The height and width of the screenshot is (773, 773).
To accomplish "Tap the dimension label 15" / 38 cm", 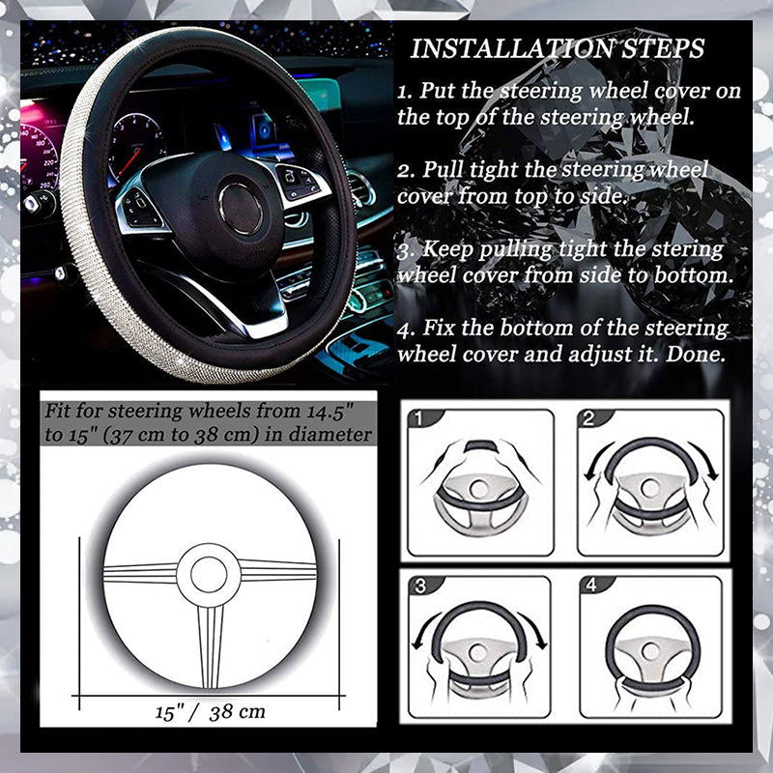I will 210,713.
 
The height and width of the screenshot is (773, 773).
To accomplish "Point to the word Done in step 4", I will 696,354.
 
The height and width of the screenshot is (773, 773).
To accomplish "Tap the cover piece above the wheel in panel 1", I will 481,447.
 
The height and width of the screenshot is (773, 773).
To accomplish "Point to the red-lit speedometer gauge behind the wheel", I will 39,155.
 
